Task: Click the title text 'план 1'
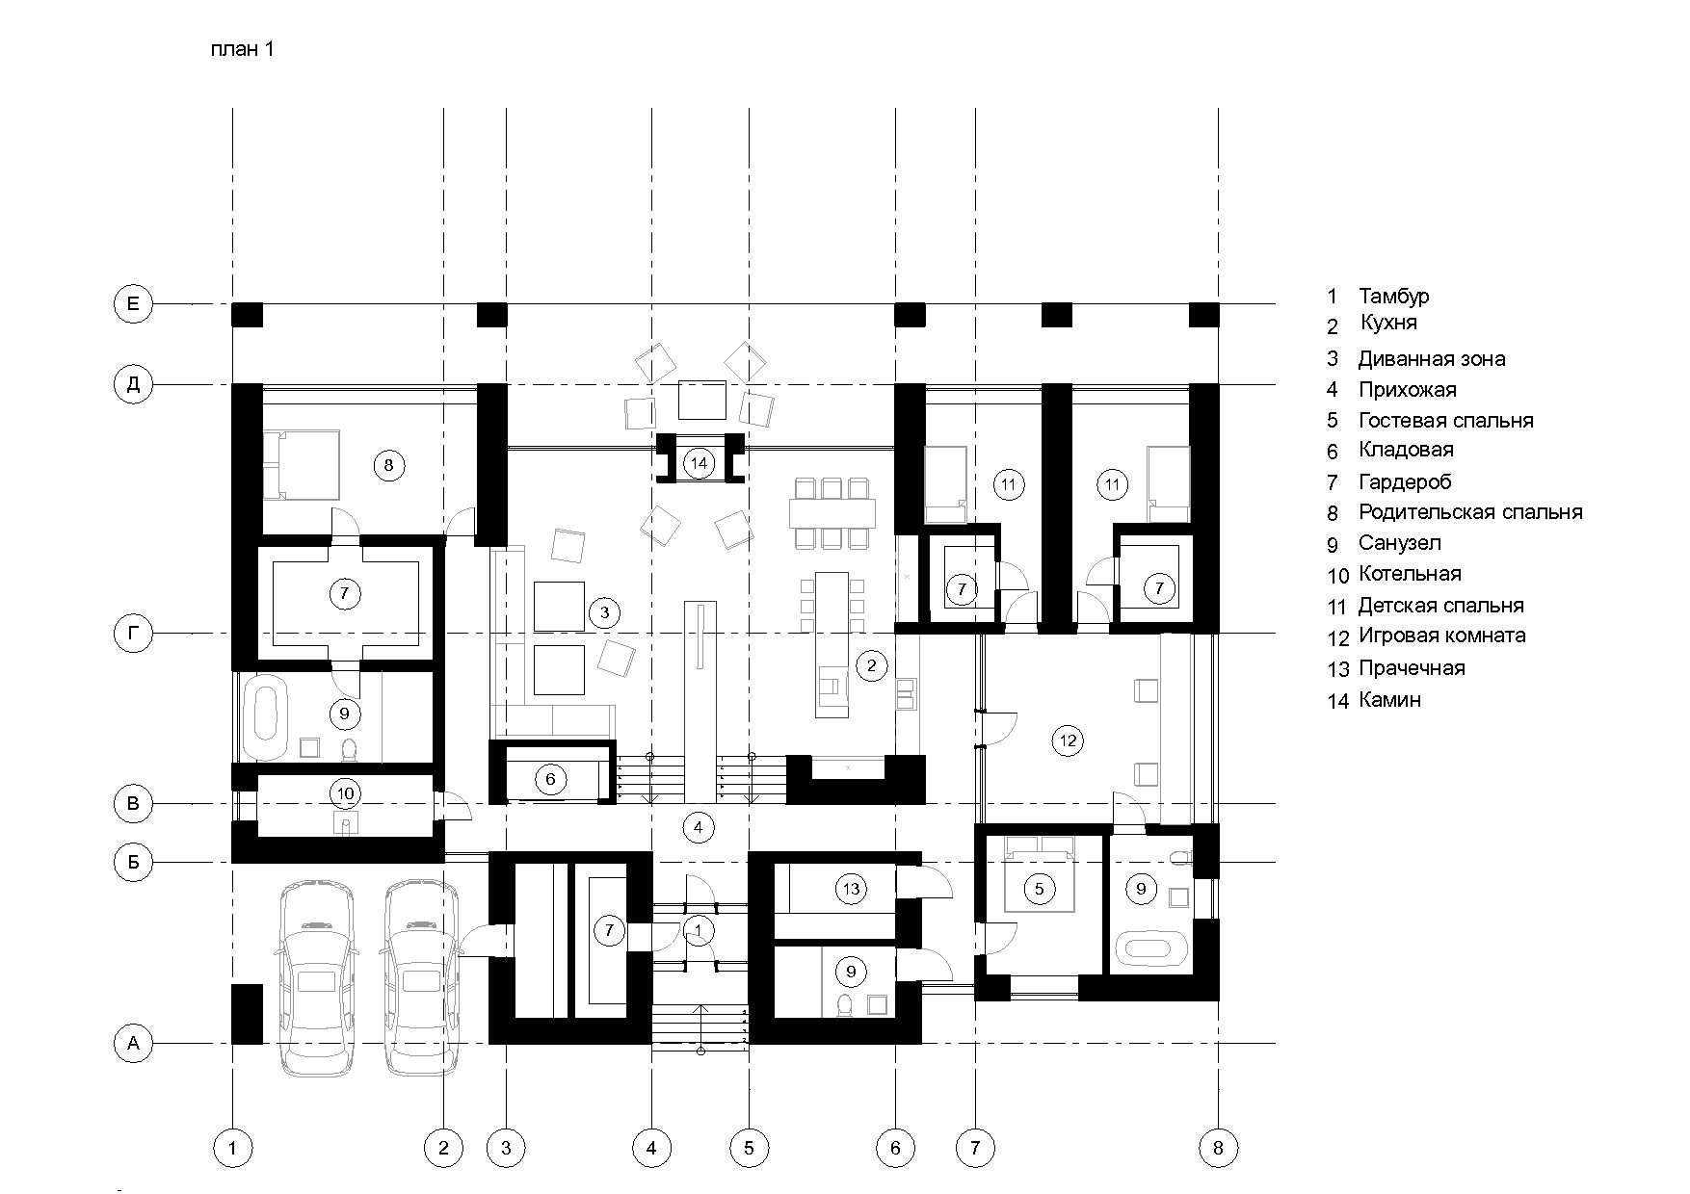click(x=243, y=50)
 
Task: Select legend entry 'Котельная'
click(x=1410, y=574)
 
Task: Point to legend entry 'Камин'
click(x=1389, y=700)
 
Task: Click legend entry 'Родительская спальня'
click(x=1470, y=512)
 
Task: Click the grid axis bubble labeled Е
click(x=133, y=304)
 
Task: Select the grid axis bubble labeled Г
click(x=133, y=634)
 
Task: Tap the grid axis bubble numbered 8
click(x=1218, y=1147)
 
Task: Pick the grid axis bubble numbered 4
click(x=651, y=1147)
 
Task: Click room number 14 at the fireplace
click(x=700, y=464)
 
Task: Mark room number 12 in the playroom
click(x=1068, y=740)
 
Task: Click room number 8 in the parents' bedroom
click(x=388, y=466)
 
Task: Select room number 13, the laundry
click(x=851, y=889)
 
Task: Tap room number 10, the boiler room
click(x=346, y=793)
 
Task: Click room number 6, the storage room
click(x=550, y=779)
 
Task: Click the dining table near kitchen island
click(x=832, y=512)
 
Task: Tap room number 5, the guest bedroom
click(x=1039, y=889)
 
